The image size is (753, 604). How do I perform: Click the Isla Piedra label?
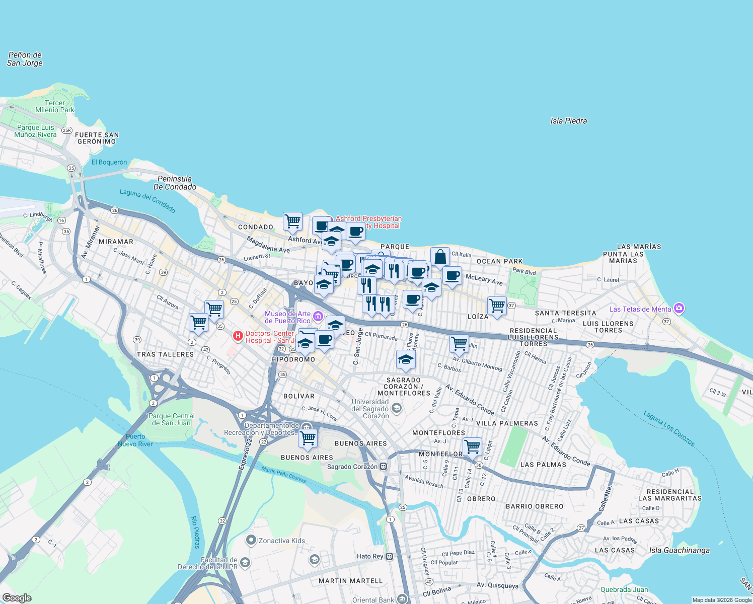click(x=568, y=121)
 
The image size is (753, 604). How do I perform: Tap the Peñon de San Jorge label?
click(x=25, y=59)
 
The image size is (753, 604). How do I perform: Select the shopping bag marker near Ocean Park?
click(x=440, y=257)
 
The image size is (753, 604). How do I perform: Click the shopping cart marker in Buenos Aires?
click(x=308, y=438)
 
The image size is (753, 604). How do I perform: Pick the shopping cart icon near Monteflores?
click(x=472, y=446)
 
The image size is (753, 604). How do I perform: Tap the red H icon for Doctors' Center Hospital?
click(x=238, y=335)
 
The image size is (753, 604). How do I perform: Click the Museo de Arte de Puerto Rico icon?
click(x=318, y=317)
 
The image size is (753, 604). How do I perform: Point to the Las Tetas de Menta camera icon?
click(x=679, y=308)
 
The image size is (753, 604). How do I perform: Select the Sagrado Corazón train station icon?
click(x=384, y=467)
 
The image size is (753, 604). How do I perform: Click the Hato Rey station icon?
click(x=390, y=556)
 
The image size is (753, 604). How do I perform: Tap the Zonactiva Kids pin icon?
click(x=251, y=541)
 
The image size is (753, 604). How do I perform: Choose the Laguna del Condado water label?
click(x=147, y=200)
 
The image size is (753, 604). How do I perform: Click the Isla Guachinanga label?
click(x=679, y=550)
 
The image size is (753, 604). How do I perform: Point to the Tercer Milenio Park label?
click(x=54, y=106)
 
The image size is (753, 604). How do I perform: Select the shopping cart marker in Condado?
click(x=292, y=221)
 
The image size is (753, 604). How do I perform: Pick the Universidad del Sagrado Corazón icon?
click(x=397, y=408)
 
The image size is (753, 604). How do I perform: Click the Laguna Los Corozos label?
click(x=669, y=428)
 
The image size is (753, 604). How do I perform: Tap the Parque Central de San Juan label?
click(x=171, y=419)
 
